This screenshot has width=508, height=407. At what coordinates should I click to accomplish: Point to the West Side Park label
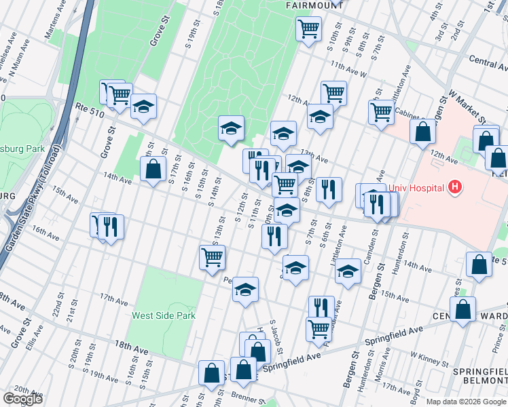[164, 315]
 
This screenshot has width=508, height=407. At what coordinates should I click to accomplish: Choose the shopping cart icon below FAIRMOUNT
[308, 29]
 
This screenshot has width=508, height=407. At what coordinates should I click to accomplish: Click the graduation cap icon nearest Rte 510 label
[143, 106]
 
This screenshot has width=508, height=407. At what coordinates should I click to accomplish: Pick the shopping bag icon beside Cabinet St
[422, 131]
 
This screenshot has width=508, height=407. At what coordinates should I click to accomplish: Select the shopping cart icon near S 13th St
[212, 257]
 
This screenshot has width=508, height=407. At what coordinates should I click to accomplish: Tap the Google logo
[22, 399]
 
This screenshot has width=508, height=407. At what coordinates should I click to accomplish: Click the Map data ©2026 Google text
[467, 402]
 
